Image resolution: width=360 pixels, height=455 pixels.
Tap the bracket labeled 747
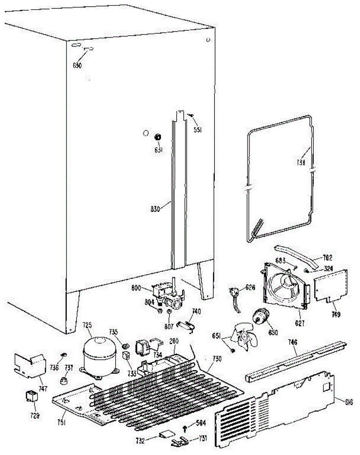(x=30, y=364)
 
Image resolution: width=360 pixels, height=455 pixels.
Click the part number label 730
(x=217, y=359)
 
